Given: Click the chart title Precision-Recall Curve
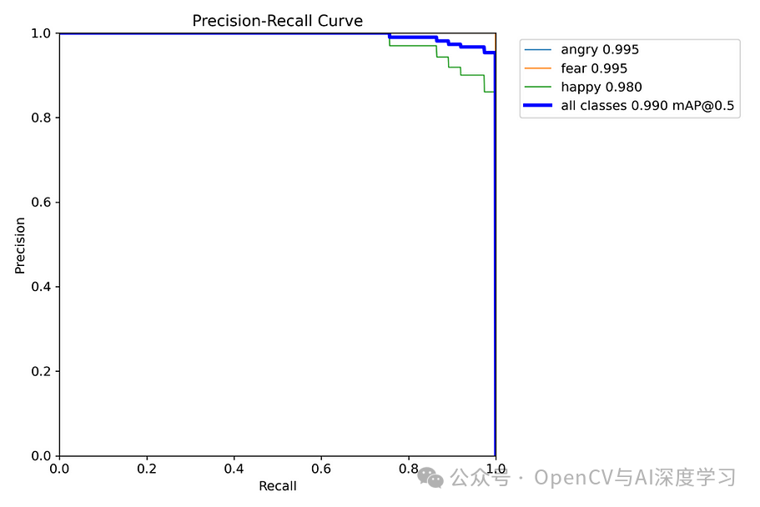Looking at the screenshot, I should tap(277, 21).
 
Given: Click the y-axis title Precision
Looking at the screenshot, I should tap(20, 245).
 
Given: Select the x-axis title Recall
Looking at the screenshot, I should tap(277, 486).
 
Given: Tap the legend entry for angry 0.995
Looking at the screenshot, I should tap(600, 50).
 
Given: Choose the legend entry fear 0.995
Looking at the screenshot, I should tap(594, 68).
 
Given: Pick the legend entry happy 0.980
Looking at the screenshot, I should tap(601, 87).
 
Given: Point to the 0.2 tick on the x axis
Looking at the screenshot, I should tap(147, 469).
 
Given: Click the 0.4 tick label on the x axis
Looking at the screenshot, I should tap(234, 469).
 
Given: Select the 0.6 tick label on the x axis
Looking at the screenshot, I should tap(321, 469).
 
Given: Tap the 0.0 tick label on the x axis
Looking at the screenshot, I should tap(59, 469).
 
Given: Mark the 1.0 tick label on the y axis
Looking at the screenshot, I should tap(42, 33).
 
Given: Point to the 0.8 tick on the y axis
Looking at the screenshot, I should tap(42, 118).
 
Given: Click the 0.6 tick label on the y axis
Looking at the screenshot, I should tap(42, 203).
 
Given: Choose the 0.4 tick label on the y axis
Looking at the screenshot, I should tap(42, 287).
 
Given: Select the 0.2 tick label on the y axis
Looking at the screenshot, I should tap(42, 371).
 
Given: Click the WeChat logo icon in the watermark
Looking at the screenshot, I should tap(430, 478).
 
